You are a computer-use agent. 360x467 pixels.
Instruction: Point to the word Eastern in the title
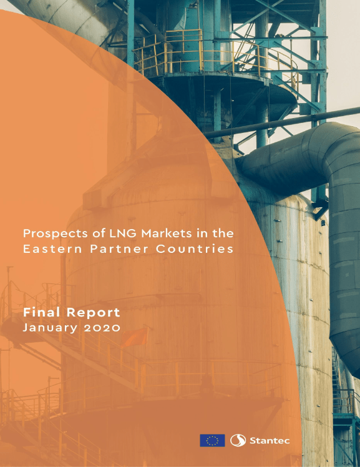point(52,248)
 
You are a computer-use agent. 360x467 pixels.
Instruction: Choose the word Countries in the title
point(195,248)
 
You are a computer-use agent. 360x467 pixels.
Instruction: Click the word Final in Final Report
point(42,312)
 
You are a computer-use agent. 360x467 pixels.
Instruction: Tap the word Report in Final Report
point(93,313)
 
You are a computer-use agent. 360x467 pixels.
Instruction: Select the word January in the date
point(51,328)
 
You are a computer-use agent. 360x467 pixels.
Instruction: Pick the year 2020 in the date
point(102,328)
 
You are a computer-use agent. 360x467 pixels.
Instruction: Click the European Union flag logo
point(212,440)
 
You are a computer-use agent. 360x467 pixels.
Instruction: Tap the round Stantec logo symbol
point(238,440)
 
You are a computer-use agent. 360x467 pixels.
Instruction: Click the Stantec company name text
point(270,441)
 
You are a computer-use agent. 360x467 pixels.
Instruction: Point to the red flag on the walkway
point(135,337)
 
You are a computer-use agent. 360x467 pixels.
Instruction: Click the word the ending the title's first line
point(223,234)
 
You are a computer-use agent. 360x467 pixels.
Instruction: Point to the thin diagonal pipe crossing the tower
point(283,122)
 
